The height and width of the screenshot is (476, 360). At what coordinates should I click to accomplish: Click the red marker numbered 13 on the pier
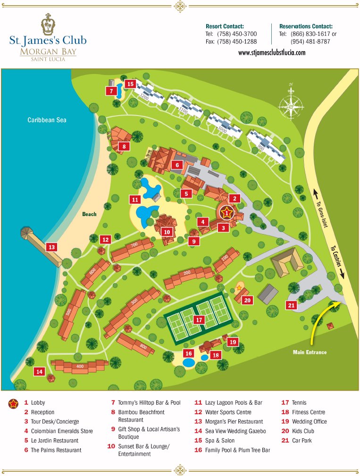tap(51, 247)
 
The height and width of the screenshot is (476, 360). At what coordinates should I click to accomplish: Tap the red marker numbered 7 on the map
tap(111, 91)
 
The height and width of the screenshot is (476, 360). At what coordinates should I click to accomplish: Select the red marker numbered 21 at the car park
tap(291, 305)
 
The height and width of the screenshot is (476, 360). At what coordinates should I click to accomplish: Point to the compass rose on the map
tap(291, 102)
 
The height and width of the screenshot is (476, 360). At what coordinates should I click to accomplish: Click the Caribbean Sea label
tap(47, 120)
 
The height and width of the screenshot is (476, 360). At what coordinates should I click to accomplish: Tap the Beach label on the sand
tap(89, 214)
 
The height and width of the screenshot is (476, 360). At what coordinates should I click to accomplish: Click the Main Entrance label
tap(310, 352)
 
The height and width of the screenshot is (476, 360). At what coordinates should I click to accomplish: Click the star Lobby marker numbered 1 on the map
tap(227, 213)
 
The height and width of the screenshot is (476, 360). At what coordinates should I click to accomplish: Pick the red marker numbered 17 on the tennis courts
tap(199, 319)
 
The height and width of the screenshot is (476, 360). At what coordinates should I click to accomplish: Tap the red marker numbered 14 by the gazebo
tap(39, 372)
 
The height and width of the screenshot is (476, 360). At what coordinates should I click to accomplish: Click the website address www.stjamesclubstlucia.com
tap(271, 53)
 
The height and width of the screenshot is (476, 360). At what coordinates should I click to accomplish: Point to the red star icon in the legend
tap(13, 403)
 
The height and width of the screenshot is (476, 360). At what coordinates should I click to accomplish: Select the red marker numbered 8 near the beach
tap(124, 146)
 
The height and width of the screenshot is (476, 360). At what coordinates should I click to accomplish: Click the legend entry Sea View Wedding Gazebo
tap(235, 431)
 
